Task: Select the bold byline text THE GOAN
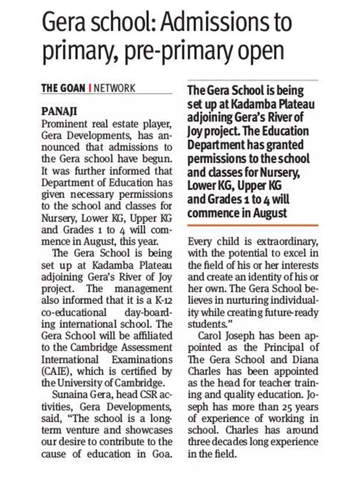pos(63,88)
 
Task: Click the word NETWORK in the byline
pos(114,88)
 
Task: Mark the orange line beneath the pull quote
pos(252,225)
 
